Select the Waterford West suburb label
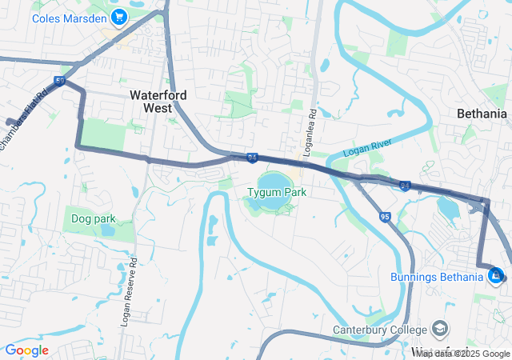click(x=158, y=101)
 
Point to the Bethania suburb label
click(x=482, y=114)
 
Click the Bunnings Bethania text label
click(x=438, y=277)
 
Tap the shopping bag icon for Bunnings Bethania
click(x=496, y=276)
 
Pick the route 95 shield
click(x=386, y=217)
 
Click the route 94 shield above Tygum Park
click(x=252, y=158)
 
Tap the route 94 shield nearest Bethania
click(x=405, y=186)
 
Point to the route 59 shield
click(x=60, y=81)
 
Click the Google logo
click(x=26, y=350)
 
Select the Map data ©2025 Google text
click(x=462, y=354)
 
